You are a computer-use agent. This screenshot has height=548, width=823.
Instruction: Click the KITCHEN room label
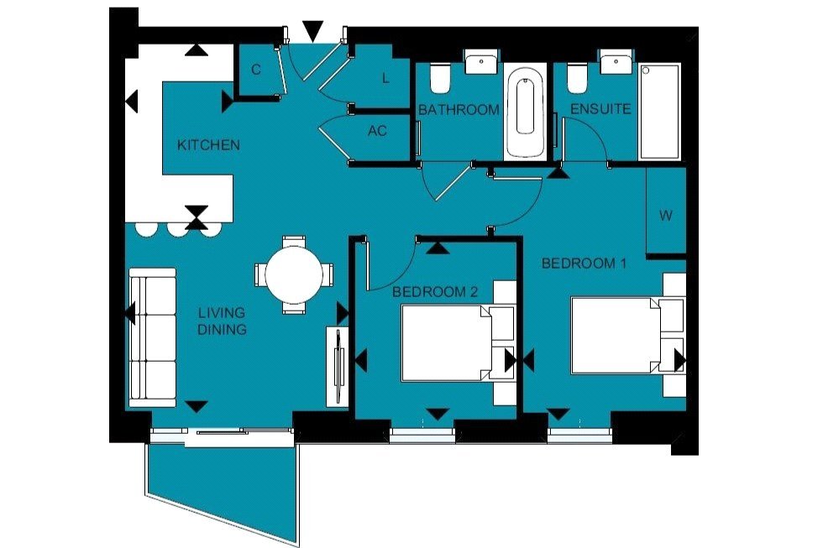click(208, 145)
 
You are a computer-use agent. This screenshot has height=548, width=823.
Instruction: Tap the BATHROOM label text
click(459, 110)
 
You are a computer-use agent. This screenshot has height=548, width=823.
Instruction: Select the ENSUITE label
click(600, 110)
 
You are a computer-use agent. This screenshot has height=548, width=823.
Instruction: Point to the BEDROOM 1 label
click(584, 264)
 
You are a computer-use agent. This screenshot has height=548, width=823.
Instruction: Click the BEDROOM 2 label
click(435, 292)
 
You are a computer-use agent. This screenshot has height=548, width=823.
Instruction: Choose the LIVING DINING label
click(222, 321)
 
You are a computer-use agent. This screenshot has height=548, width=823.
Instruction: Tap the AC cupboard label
click(377, 131)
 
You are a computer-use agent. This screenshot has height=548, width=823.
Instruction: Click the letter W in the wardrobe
click(665, 216)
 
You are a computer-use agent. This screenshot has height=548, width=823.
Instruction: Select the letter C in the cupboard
click(256, 70)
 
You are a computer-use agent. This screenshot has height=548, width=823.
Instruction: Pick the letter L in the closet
click(385, 79)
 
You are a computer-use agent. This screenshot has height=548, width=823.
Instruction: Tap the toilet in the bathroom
click(438, 80)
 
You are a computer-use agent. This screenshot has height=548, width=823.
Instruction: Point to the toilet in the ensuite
click(576, 80)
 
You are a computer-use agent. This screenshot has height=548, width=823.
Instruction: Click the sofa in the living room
click(152, 337)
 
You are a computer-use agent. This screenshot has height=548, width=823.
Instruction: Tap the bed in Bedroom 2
click(445, 343)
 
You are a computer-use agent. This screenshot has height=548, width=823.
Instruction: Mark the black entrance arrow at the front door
click(312, 32)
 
